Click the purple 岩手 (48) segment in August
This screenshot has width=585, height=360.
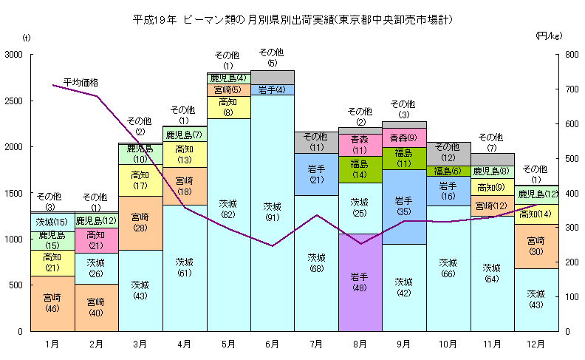(x=360, y=282)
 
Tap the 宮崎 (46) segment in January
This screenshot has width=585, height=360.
(x=52, y=303)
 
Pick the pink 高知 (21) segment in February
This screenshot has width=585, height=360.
(x=96, y=240)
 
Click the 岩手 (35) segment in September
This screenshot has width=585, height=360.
(x=404, y=206)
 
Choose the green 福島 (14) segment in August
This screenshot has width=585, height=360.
(x=360, y=169)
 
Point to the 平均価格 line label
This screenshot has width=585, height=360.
(x=81, y=81)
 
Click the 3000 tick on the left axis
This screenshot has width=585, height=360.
(x=13, y=55)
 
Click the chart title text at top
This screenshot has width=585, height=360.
(x=292, y=18)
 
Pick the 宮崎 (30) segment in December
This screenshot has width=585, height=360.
(x=536, y=246)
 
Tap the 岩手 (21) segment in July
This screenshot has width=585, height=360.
(x=316, y=174)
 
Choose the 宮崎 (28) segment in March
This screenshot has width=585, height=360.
(x=140, y=223)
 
